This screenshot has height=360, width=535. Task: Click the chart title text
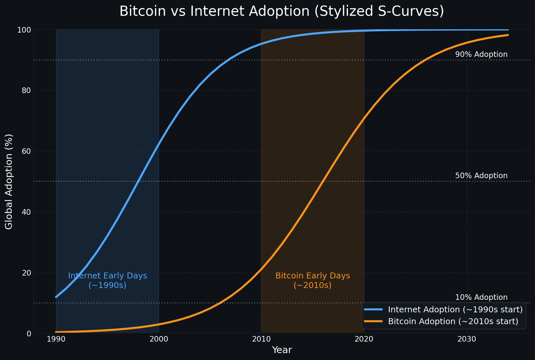coord(282,12)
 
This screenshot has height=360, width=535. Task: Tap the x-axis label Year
coord(282,350)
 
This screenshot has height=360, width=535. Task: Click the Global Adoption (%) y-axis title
coord(9,181)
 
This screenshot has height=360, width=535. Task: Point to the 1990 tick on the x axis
coord(56,339)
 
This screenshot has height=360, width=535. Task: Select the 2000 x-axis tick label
coord(159,339)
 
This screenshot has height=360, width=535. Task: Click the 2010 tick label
coord(261,339)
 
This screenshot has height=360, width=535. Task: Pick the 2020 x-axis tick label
coord(364,339)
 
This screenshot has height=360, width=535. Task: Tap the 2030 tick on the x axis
coord(466,339)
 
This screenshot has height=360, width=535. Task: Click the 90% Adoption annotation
coord(481,55)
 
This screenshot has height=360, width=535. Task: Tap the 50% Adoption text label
coord(481,176)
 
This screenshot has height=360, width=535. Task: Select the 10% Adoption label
coord(481,298)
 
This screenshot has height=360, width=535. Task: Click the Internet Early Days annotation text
coord(107,280)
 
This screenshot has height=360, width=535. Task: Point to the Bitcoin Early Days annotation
coord(313,280)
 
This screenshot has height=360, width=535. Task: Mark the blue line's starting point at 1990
coord(56,297)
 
